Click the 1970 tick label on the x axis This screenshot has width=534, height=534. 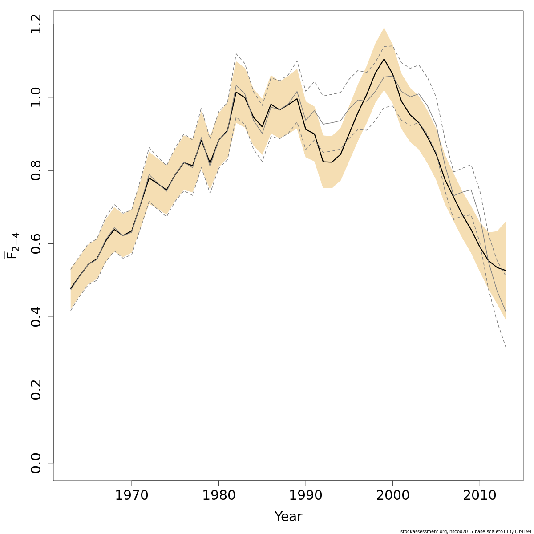pyautogui.click(x=132, y=495)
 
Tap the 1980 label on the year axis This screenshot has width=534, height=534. pyautogui.click(x=218, y=495)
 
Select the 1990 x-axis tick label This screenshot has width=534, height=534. pyautogui.click(x=306, y=495)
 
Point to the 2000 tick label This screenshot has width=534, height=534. pyautogui.click(x=392, y=495)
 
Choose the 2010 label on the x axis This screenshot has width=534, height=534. pyautogui.click(x=480, y=495)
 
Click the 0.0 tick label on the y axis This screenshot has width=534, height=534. pyautogui.click(x=36, y=463)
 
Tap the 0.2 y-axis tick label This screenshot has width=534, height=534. pyautogui.click(x=36, y=390)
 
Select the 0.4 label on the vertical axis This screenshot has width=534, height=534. pyautogui.click(x=36, y=317)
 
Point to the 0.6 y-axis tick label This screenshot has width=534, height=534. pyautogui.click(x=36, y=243)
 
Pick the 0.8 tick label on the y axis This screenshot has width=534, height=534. pyautogui.click(x=36, y=170)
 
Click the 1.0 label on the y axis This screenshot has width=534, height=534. pyautogui.click(x=36, y=97)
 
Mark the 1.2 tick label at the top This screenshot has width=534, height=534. pyautogui.click(x=36, y=24)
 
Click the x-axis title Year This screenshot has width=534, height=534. pyautogui.click(x=288, y=517)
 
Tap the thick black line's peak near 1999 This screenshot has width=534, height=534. pyautogui.click(x=384, y=59)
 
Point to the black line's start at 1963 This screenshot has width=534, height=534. pyautogui.click(x=71, y=289)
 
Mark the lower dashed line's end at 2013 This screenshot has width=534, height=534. pyautogui.click(x=506, y=348)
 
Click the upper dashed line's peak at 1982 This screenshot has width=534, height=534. pyautogui.click(x=236, y=53)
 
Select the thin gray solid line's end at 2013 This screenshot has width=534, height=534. pyautogui.click(x=506, y=311)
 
